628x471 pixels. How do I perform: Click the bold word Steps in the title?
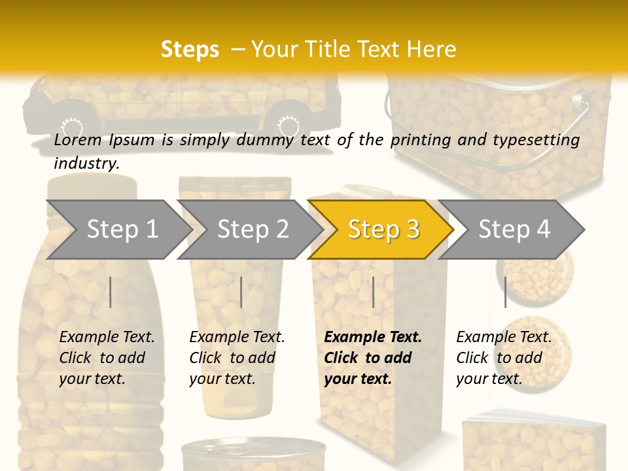(190, 50)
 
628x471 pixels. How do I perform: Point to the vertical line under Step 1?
(111, 292)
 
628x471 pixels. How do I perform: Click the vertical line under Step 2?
(241, 292)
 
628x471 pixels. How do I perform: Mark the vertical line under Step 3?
(373, 292)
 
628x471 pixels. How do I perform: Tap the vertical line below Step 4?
(505, 292)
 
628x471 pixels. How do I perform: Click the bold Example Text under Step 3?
(373, 357)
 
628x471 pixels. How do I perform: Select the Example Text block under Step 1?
(107, 357)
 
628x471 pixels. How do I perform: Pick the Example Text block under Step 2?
(237, 357)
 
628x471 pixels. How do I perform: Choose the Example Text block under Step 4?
(504, 357)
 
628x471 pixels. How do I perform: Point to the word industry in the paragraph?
(86, 163)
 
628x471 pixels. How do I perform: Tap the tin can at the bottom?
(253, 454)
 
